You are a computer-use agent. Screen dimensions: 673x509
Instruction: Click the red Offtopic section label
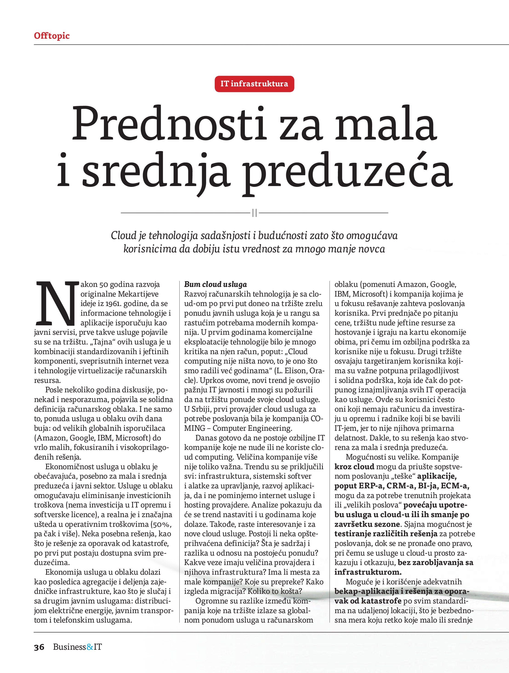tap(52, 36)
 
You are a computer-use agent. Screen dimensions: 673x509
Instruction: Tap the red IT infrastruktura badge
tap(254, 84)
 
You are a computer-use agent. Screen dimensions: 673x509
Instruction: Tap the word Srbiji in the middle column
tap(201, 409)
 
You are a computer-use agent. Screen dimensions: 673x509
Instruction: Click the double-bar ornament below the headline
tap(254, 213)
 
